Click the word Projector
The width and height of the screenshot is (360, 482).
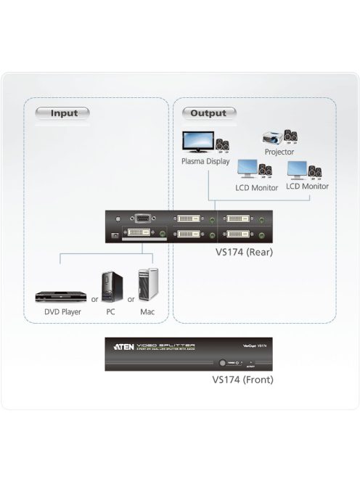(x=279, y=152)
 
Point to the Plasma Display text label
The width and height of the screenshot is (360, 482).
(x=205, y=162)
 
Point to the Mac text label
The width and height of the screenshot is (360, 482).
(x=147, y=312)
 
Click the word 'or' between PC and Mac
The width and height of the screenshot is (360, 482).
(x=131, y=298)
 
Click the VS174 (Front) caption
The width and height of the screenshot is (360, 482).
(x=242, y=379)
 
